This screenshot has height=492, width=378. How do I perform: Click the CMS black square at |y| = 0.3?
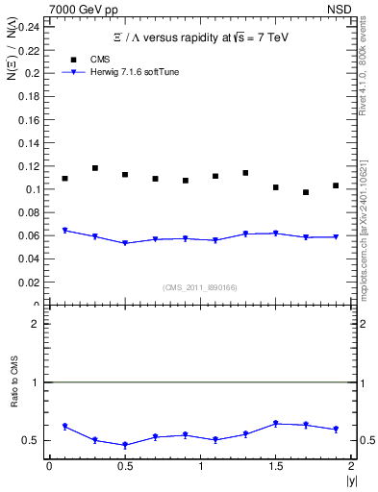tap(94, 168)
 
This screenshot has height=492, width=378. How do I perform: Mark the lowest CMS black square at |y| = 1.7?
tap(306, 192)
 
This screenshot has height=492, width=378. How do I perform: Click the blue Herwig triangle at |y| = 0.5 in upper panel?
tap(125, 243)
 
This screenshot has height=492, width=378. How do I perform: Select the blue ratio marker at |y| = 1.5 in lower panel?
tap(276, 424)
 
